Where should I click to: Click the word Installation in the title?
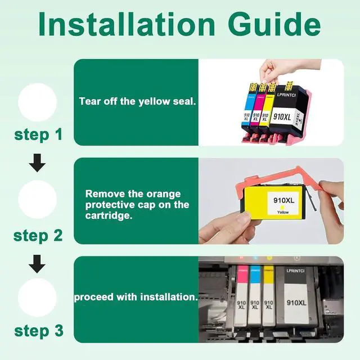click(x=127, y=24)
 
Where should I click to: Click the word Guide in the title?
click(x=274, y=24)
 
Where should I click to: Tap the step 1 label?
click(x=38, y=135)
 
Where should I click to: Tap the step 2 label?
click(x=38, y=236)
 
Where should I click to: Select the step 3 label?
click(x=39, y=331)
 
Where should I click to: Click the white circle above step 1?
click(x=38, y=102)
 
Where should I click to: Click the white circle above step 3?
click(x=37, y=298)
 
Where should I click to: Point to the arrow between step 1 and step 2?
click(x=37, y=163)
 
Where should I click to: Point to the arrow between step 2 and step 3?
click(x=37, y=264)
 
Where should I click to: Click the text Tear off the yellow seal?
click(x=137, y=101)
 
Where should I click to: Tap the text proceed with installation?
click(x=136, y=297)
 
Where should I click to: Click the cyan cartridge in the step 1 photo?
click(x=247, y=107)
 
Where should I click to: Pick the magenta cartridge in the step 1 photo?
click(x=255, y=108)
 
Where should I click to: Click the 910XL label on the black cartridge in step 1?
click(x=282, y=117)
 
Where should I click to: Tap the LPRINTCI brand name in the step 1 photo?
click(x=286, y=95)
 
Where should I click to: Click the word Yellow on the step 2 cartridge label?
click(x=283, y=213)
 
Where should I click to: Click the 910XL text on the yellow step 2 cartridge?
click(x=283, y=200)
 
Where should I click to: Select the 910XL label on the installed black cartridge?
click(x=296, y=303)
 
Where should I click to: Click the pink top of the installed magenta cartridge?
click(x=242, y=274)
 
